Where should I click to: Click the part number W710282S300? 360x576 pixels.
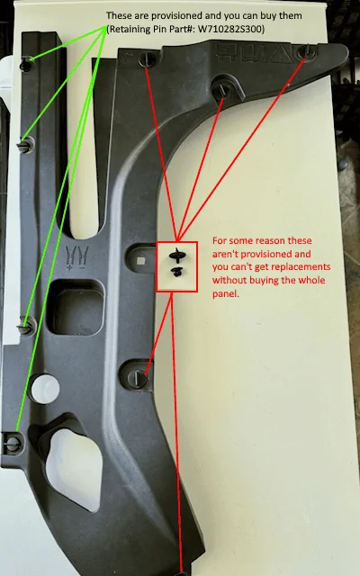[230, 30]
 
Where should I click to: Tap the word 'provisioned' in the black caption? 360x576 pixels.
[174, 16]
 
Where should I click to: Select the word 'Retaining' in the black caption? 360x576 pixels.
[127, 30]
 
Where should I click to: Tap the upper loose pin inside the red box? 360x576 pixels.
[176, 255]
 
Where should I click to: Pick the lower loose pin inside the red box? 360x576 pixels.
[177, 272]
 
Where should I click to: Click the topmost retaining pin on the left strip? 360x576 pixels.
[26, 64]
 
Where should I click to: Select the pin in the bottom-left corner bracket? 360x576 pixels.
[13, 443]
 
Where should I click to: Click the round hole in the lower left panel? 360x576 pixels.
[45, 389]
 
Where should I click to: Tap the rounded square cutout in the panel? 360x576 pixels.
[77, 307]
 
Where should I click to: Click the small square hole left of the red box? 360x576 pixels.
[140, 260]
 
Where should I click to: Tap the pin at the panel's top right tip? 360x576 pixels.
[307, 52]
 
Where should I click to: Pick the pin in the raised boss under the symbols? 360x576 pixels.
[222, 89]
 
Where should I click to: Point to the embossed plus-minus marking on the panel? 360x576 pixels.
[77, 258]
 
